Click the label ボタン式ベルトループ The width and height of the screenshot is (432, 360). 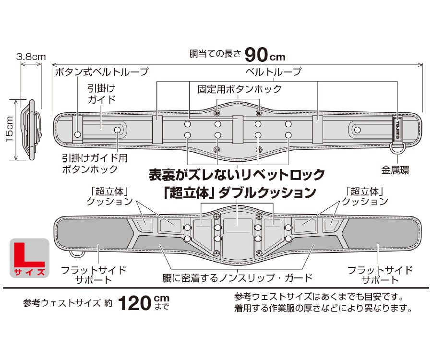pos(102,72)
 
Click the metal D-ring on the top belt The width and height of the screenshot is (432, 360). pos(397,146)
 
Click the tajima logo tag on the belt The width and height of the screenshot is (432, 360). pos(398,129)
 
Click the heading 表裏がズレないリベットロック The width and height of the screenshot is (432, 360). pos(237,174)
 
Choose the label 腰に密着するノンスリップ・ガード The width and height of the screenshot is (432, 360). pos(238,277)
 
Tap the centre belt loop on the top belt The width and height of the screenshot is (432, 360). pos(238,130)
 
